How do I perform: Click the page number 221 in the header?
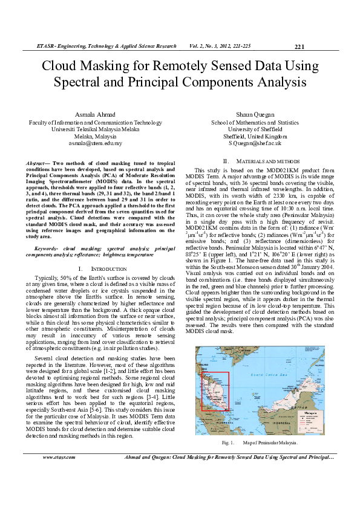coord(299,47)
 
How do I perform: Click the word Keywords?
coord(48,248)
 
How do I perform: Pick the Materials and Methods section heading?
coord(261,161)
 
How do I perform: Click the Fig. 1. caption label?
coord(227,443)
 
